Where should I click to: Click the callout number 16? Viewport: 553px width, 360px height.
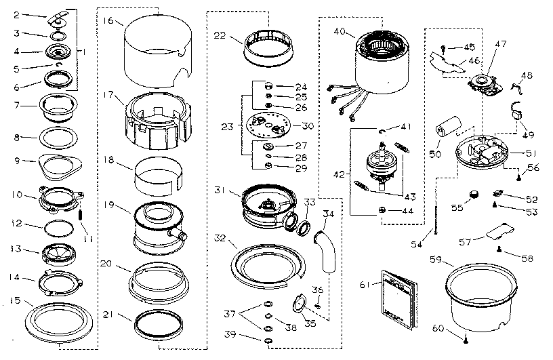[x=108, y=20]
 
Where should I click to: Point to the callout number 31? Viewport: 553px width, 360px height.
[x=218, y=189]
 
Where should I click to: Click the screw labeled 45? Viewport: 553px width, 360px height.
[x=442, y=47]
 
